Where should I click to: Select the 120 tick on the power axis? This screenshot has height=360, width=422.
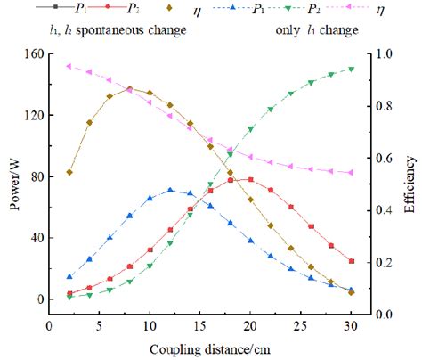point(35,115)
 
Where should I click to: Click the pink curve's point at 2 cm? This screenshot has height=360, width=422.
point(69,66)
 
